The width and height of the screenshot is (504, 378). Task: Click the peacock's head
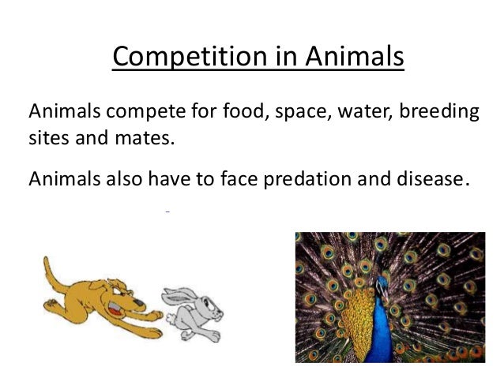pyautogui.click(x=382, y=285)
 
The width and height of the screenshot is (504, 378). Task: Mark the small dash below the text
pyautogui.click(x=168, y=212)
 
